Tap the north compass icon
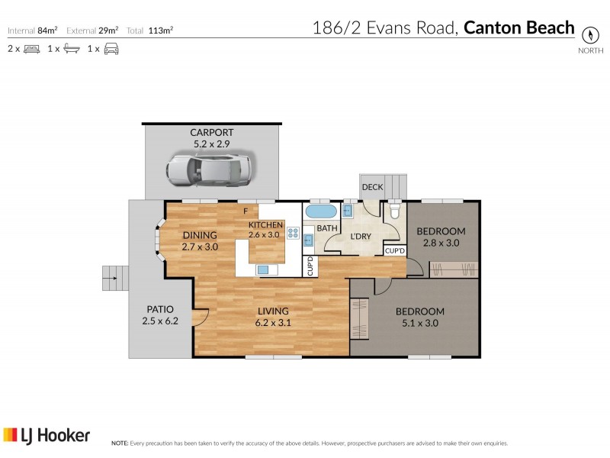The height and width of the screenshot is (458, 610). coord(589,35)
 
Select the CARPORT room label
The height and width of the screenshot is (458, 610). coord(211,132)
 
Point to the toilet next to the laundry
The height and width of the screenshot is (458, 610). coord(395,211)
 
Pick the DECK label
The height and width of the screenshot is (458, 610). coord(372,187)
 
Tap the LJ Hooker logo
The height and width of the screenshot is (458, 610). coord(47,436)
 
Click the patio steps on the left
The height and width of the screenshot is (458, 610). coord(114,278)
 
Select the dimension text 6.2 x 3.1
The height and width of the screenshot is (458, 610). coord(272,323)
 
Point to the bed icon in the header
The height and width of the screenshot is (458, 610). coord(31,50)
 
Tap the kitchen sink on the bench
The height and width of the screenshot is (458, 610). coord(264,269)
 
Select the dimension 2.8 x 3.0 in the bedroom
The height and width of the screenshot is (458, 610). coord(441,244)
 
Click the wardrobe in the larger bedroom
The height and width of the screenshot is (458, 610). coord(358,319)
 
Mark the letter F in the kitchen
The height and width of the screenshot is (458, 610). coord(245,211)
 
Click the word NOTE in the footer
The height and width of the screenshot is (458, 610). coord(120,443)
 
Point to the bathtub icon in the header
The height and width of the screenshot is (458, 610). coord(72,50)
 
